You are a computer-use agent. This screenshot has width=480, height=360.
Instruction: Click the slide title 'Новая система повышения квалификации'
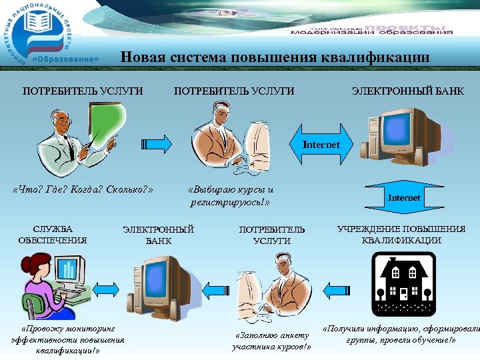tap(275, 57)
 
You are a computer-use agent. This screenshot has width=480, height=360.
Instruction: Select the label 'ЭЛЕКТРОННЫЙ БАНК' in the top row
tap(407, 91)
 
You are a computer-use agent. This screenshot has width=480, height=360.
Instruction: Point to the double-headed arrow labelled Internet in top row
tap(321, 145)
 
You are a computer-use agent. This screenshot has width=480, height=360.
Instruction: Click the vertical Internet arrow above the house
tap(404, 198)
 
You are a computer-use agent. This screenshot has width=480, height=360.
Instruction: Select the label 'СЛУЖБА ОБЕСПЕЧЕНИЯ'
tap(53, 235)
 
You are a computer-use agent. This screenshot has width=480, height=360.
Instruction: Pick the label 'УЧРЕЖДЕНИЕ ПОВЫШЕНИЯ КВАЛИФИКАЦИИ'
tap(401, 235)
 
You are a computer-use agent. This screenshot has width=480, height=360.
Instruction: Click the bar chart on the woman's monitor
tap(67, 269)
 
